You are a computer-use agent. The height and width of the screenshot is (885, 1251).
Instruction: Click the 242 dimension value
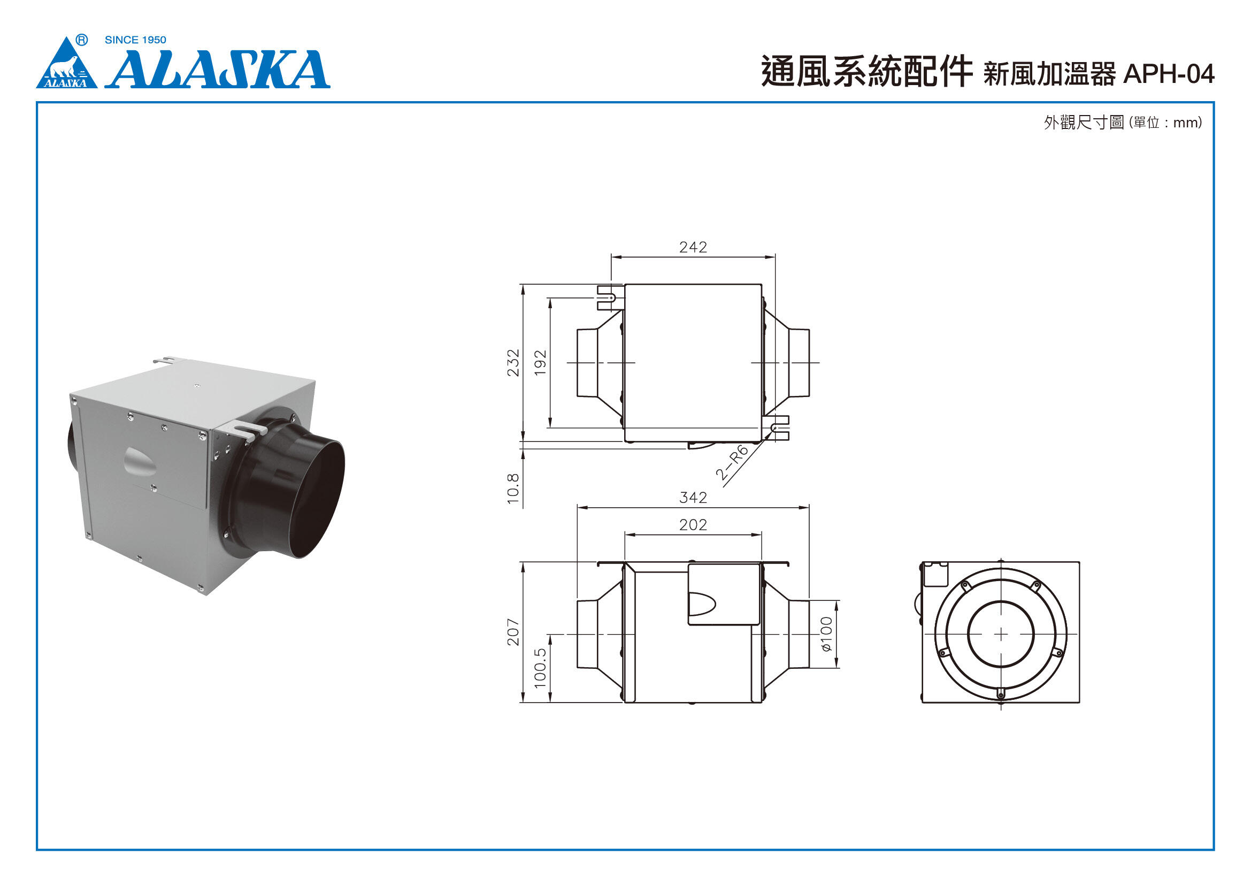pyautogui.click(x=693, y=247)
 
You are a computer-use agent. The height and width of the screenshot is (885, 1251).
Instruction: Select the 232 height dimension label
pyautogui.click(x=513, y=362)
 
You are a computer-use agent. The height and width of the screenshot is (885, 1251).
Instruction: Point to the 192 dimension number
pyautogui.click(x=540, y=362)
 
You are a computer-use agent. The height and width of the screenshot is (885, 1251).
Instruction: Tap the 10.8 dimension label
pyautogui.click(x=513, y=489)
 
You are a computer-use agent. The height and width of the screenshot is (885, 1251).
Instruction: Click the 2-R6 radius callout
pyautogui.click(x=732, y=463)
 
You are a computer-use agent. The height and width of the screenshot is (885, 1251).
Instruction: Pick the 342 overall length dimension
pyautogui.click(x=693, y=498)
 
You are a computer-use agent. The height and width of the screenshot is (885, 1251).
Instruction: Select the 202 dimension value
pyautogui.click(x=693, y=525)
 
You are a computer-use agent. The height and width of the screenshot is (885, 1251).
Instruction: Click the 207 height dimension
pyautogui.click(x=513, y=631)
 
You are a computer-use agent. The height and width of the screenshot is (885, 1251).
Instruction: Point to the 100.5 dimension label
pyautogui.click(x=540, y=668)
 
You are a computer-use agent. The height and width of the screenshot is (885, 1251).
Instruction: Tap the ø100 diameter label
pyautogui.click(x=826, y=634)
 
